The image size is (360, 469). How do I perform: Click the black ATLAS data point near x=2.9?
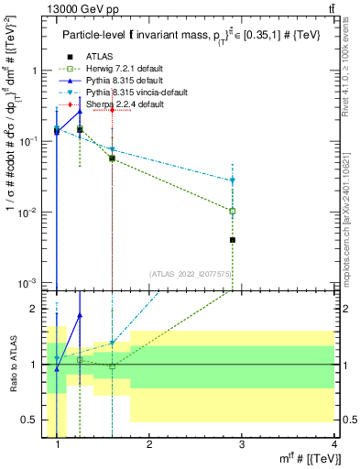[233, 240]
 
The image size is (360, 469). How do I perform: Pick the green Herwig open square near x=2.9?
[233, 211]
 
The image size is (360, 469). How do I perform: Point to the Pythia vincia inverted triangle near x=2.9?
[233, 180]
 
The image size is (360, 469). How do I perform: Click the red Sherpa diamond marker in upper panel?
[112, 110]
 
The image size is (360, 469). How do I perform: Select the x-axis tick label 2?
[149, 446]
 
